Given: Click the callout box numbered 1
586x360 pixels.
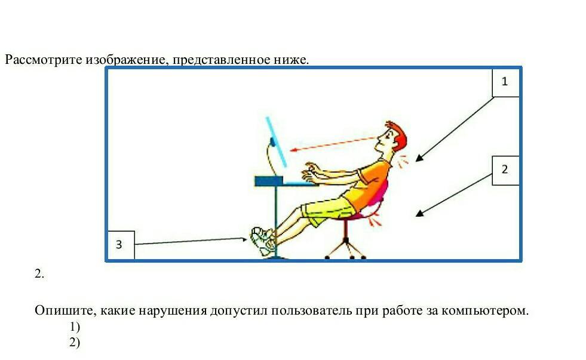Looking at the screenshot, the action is [505, 82].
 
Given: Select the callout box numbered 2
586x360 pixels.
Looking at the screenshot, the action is [505, 171].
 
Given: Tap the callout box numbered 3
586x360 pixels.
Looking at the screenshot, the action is [121, 245].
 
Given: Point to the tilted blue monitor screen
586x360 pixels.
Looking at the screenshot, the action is [277, 142].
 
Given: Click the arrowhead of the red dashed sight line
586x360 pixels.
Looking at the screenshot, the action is [294, 150].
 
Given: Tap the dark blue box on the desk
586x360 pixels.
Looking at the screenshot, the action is [269, 181].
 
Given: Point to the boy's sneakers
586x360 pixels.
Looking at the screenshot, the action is [262, 241].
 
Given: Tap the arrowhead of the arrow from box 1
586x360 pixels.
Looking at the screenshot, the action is [419, 158].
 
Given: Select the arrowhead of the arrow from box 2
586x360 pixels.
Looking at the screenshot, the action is [419, 214].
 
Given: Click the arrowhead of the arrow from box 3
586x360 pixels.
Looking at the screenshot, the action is [244, 239].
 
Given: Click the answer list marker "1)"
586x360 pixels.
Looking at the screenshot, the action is [75, 327].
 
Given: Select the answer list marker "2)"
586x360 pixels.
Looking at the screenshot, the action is [75, 343].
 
